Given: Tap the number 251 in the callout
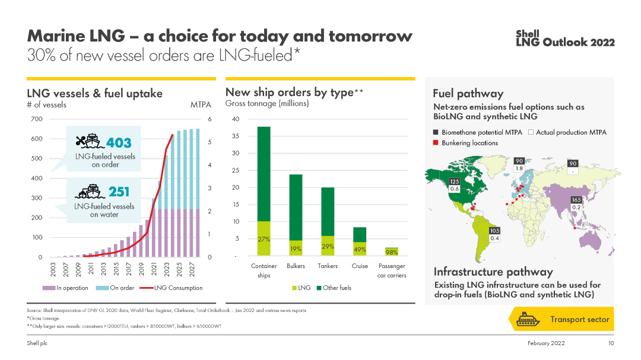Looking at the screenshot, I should pyautogui.click(x=119, y=192).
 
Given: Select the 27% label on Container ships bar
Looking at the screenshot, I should pyautogui.click(x=264, y=239).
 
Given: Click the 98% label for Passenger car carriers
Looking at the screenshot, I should pyautogui.click(x=392, y=252).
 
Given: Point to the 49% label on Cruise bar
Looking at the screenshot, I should pyautogui.click(x=360, y=250).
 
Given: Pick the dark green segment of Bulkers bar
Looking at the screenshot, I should pyautogui.click(x=296, y=207).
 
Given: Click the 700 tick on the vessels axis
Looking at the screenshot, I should pyautogui.click(x=36, y=119).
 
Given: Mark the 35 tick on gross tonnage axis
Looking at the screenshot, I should pyautogui.click(x=235, y=136).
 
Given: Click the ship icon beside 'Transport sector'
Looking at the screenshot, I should pyautogui.click(x=527, y=319).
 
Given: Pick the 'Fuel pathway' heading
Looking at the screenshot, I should pyautogui.click(x=468, y=94).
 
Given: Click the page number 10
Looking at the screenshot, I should pyautogui.click(x=611, y=343).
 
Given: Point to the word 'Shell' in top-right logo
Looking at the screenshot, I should pyautogui.click(x=527, y=34).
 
